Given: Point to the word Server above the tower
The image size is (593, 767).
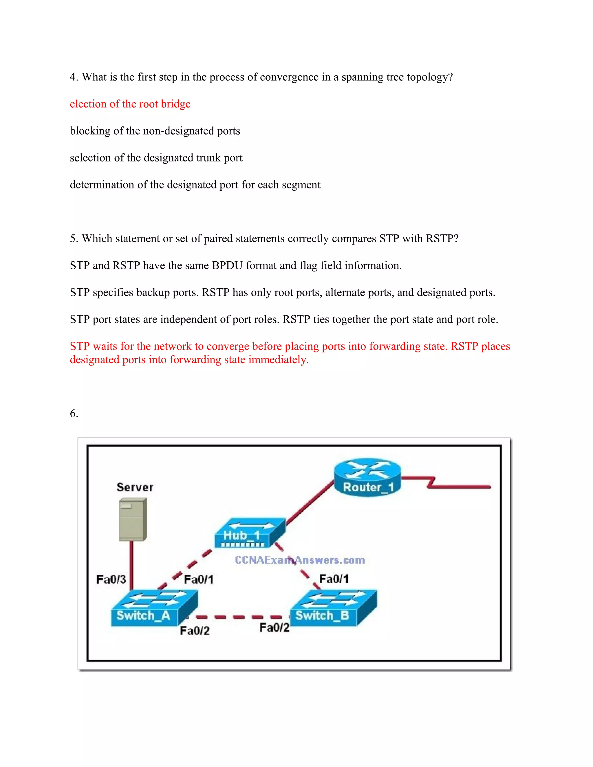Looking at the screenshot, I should click(x=135, y=487).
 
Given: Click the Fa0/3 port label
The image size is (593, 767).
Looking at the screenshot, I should click(x=111, y=579).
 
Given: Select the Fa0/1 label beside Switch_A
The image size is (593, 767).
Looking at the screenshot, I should click(x=198, y=579).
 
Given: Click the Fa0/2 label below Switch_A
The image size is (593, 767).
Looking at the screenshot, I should click(x=195, y=631).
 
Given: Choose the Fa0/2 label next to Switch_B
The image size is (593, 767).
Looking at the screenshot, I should click(x=274, y=627).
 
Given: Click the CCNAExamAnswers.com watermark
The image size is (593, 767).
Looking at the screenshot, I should click(x=300, y=560).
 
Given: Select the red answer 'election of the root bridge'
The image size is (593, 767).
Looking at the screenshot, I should click(x=130, y=104).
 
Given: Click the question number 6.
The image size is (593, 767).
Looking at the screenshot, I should click(x=74, y=413).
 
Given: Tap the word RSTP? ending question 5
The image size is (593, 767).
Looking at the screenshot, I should click(x=442, y=238).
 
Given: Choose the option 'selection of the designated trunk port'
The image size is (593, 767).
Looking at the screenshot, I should click(x=156, y=158).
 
